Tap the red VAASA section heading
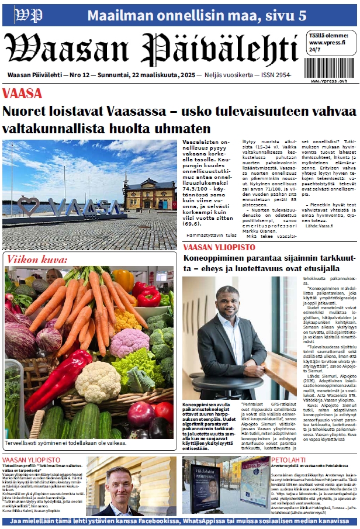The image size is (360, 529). click(22, 94)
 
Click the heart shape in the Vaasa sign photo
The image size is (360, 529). click(28, 206)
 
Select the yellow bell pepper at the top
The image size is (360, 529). click(123, 280)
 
